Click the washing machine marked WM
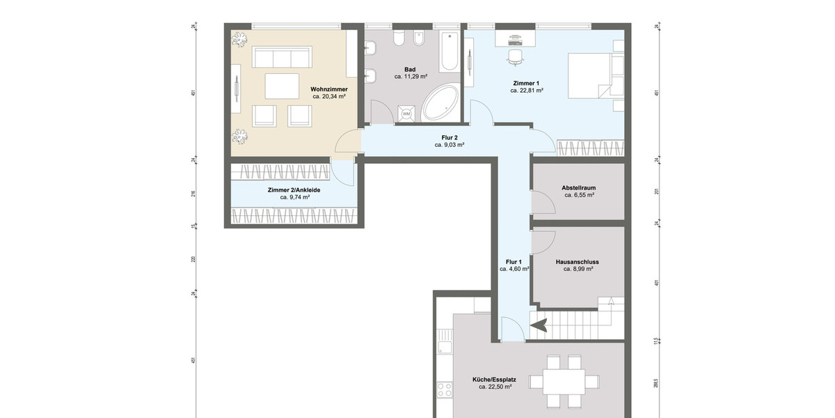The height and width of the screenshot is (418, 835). point(406,114)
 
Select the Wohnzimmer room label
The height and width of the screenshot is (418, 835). point(329,89)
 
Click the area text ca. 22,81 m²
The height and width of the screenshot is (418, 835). point(526,91)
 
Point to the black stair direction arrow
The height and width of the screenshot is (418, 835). point(540,323)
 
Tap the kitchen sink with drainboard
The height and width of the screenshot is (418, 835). point(444,346)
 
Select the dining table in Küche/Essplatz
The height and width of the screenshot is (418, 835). point(564,382)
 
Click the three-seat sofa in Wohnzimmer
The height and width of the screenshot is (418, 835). point(281,57)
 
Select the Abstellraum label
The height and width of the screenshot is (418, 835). point(578,188)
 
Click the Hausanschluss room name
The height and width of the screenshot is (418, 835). point(577,262)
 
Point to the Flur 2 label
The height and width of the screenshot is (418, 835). point(450,137)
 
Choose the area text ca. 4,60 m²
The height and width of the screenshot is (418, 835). point(514,268)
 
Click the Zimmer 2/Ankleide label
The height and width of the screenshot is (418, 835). point(294,189)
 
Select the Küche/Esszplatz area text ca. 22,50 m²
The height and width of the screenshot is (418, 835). point(495,387)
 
